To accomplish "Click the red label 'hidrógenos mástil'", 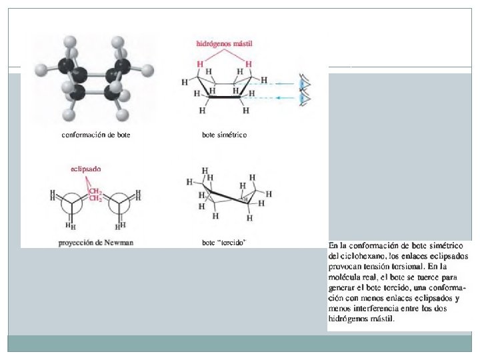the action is point(225,44).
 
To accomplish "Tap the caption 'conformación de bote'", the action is point(96,135).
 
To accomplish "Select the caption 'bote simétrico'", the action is point(225,135).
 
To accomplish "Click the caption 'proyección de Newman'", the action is point(96,243).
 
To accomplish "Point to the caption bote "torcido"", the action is point(225,243).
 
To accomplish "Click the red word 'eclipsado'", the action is point(86,169).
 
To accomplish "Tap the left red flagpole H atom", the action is point(200,64).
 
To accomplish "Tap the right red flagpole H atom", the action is point(249,64).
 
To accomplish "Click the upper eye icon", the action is point(305,83).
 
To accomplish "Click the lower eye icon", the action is point(305,98).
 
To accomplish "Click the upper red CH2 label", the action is point(95,192).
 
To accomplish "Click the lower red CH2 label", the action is point(95,199).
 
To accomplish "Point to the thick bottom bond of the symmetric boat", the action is point(225,97).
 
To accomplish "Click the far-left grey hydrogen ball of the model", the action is point(41,70).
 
